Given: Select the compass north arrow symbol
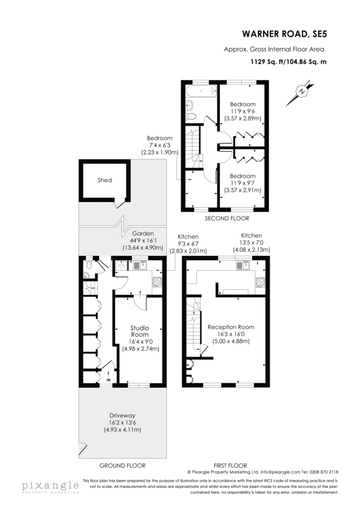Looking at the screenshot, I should click(x=301, y=92).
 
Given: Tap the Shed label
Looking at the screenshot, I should click(x=105, y=180).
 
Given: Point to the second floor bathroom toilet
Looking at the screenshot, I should click(x=192, y=116).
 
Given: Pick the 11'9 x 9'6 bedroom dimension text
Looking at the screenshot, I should click(x=242, y=111).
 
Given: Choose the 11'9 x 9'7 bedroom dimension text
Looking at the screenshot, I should click(x=242, y=184).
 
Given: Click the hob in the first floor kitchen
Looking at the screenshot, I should click(x=258, y=283).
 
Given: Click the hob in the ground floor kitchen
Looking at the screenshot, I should click(x=156, y=281).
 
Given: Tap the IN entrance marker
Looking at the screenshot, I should click(x=108, y=379).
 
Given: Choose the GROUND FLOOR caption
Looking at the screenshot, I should click(x=122, y=465).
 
